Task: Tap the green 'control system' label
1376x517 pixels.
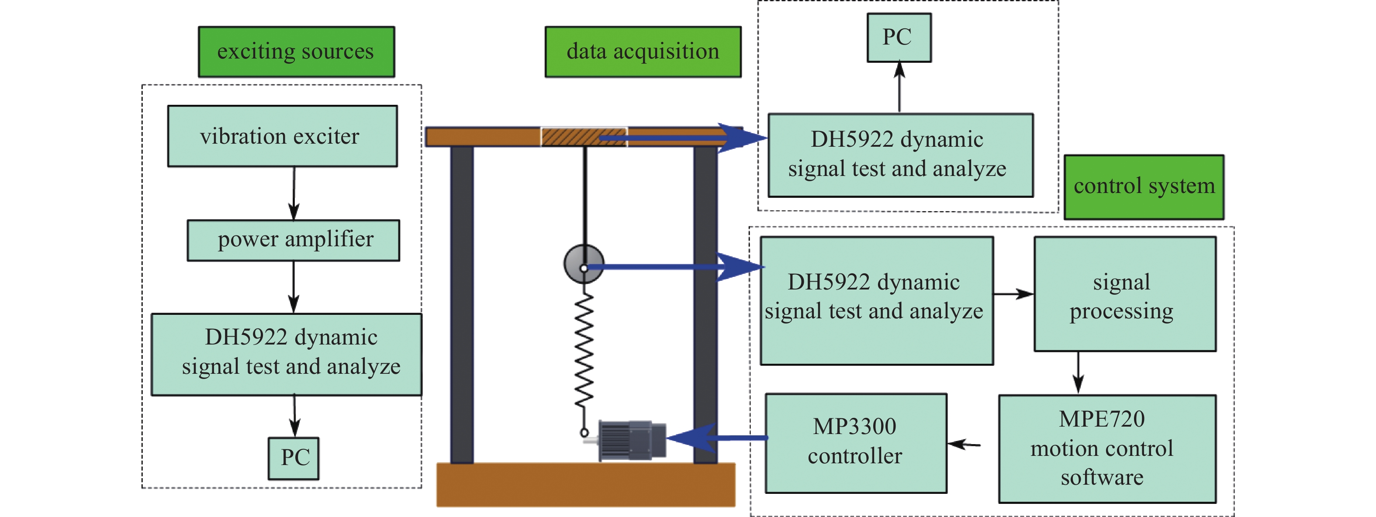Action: [x=1144, y=187]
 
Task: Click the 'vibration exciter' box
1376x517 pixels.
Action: [x=282, y=136]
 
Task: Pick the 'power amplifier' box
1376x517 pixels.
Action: [x=293, y=240]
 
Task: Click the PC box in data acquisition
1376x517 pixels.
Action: [x=899, y=38]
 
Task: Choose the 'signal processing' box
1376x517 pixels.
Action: [x=1124, y=294]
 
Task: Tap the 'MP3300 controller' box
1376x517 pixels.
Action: [x=856, y=443]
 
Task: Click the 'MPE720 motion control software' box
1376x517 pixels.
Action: [x=1107, y=448]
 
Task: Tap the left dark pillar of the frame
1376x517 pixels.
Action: [x=462, y=304]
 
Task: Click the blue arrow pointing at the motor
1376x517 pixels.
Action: [x=716, y=438]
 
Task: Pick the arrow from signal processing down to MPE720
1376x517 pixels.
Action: [x=1078, y=372]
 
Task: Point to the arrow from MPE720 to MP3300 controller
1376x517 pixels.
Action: [x=964, y=444]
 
